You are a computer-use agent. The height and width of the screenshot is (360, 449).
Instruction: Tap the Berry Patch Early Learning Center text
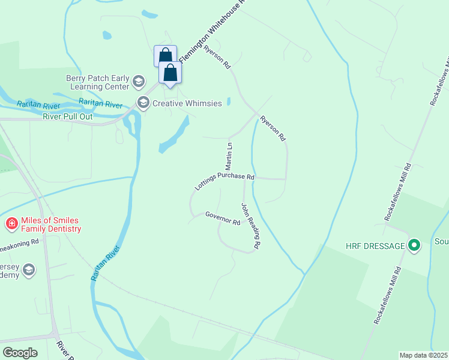(98, 83)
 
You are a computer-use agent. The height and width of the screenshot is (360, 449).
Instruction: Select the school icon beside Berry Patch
(139, 82)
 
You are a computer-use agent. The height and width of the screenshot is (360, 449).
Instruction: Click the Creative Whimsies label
(187, 103)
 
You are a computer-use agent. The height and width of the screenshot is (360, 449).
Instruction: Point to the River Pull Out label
(68, 116)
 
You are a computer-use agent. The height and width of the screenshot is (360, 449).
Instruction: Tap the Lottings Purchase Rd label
(225, 181)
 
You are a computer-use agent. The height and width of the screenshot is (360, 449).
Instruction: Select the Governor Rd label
(223, 218)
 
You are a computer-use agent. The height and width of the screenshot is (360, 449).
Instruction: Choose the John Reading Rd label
(251, 226)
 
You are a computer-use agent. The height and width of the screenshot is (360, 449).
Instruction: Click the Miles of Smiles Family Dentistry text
(51, 224)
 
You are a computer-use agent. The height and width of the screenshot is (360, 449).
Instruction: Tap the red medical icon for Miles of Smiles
(11, 224)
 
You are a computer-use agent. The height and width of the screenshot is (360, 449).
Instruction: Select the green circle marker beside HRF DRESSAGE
(414, 245)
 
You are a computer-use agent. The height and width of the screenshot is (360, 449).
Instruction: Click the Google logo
(20, 353)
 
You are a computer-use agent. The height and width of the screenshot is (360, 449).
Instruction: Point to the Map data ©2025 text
(424, 355)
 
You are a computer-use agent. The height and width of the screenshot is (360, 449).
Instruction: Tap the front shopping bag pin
(170, 73)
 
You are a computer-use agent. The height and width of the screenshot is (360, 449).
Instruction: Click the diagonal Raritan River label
(106, 263)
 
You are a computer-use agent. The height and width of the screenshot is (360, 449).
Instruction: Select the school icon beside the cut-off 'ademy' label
(28, 271)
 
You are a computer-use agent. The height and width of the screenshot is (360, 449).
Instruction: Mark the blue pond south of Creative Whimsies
(173, 137)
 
